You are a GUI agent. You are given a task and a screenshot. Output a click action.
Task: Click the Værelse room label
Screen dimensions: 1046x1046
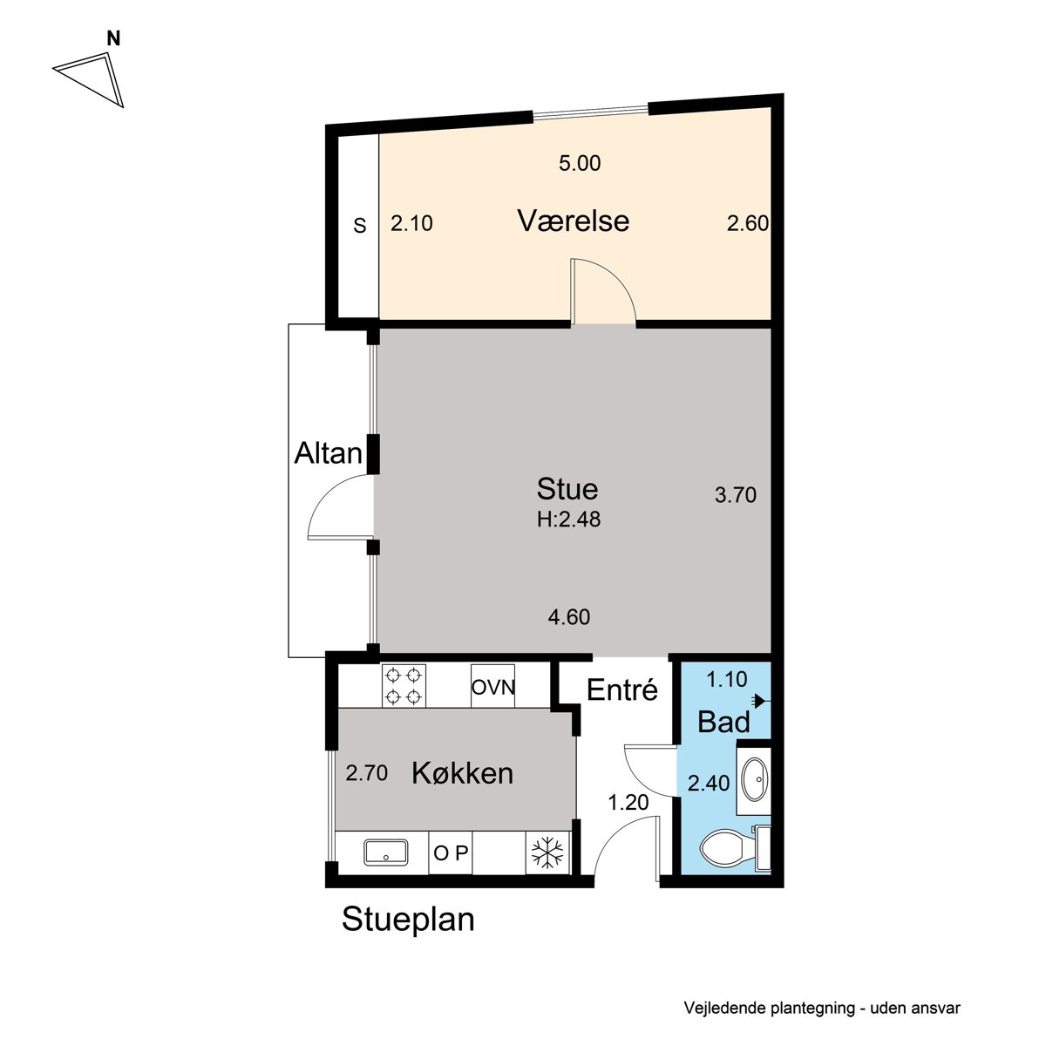[x=574, y=221]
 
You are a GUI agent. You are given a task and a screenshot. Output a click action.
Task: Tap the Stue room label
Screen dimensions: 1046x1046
[x=567, y=489]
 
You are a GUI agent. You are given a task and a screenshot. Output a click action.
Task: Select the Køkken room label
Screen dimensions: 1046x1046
[x=463, y=773]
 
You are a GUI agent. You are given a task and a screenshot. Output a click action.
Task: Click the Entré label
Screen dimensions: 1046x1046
[x=622, y=689]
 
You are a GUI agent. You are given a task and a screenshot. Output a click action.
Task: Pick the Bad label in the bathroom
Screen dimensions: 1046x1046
[x=723, y=722]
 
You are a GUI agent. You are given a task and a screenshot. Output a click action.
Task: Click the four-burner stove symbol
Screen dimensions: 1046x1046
[x=404, y=686]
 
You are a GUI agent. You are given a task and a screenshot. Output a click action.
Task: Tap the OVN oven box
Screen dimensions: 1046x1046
[x=492, y=686]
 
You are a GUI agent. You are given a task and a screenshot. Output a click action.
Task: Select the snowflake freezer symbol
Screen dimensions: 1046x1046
[x=547, y=852]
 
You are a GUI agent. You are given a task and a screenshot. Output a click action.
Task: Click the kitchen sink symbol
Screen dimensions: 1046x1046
[x=386, y=852]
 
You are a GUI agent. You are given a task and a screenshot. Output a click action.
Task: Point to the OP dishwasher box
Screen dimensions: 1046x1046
[x=451, y=852]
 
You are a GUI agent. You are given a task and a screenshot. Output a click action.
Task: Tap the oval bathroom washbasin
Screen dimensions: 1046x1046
[x=755, y=780]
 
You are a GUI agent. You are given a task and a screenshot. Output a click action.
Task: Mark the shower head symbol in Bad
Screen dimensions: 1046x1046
[x=760, y=702]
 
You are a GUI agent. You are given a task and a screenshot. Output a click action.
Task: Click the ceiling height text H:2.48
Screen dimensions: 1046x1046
[x=568, y=520]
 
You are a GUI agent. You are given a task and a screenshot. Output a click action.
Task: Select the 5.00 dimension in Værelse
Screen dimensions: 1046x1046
[x=580, y=163]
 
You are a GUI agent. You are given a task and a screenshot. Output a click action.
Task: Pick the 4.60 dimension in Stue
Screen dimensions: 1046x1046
[x=569, y=617]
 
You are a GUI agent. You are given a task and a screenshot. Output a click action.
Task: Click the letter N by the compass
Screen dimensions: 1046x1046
[x=113, y=38]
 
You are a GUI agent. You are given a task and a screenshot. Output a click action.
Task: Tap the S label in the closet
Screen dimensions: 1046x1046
[x=359, y=226]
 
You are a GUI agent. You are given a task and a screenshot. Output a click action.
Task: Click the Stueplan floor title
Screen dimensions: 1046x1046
[x=408, y=920]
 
